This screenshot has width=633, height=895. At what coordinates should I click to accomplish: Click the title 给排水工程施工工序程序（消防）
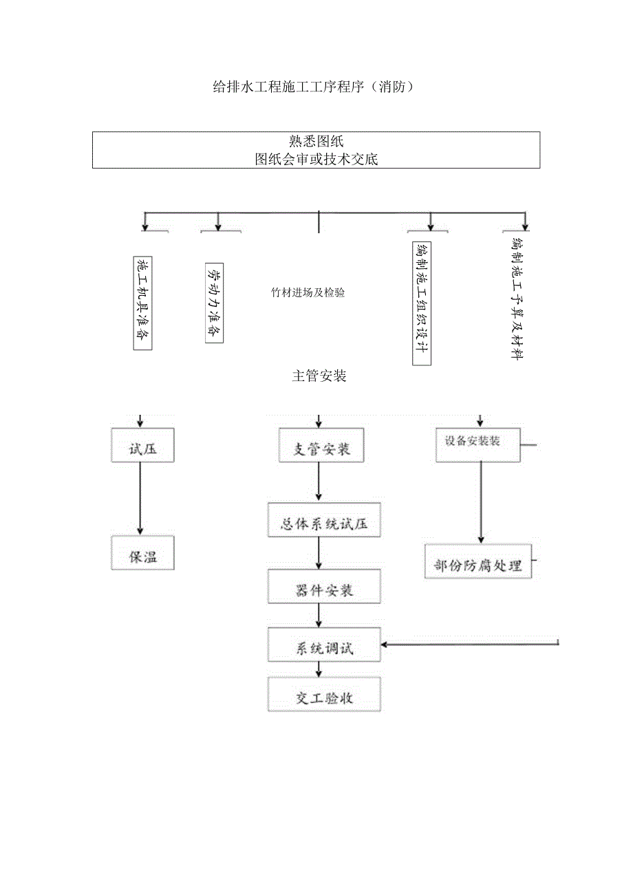pos(314,87)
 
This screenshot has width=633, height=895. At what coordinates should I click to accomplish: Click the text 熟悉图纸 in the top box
pos(316,142)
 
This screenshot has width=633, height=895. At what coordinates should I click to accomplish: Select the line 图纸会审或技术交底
pos(316,160)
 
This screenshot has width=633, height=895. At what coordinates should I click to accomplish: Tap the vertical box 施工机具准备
pos(142,303)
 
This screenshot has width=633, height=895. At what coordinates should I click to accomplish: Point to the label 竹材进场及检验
pos(308,292)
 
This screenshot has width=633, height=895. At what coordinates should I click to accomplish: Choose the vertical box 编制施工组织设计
pos(421,303)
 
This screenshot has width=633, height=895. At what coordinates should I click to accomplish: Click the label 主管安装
pos(319,376)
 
